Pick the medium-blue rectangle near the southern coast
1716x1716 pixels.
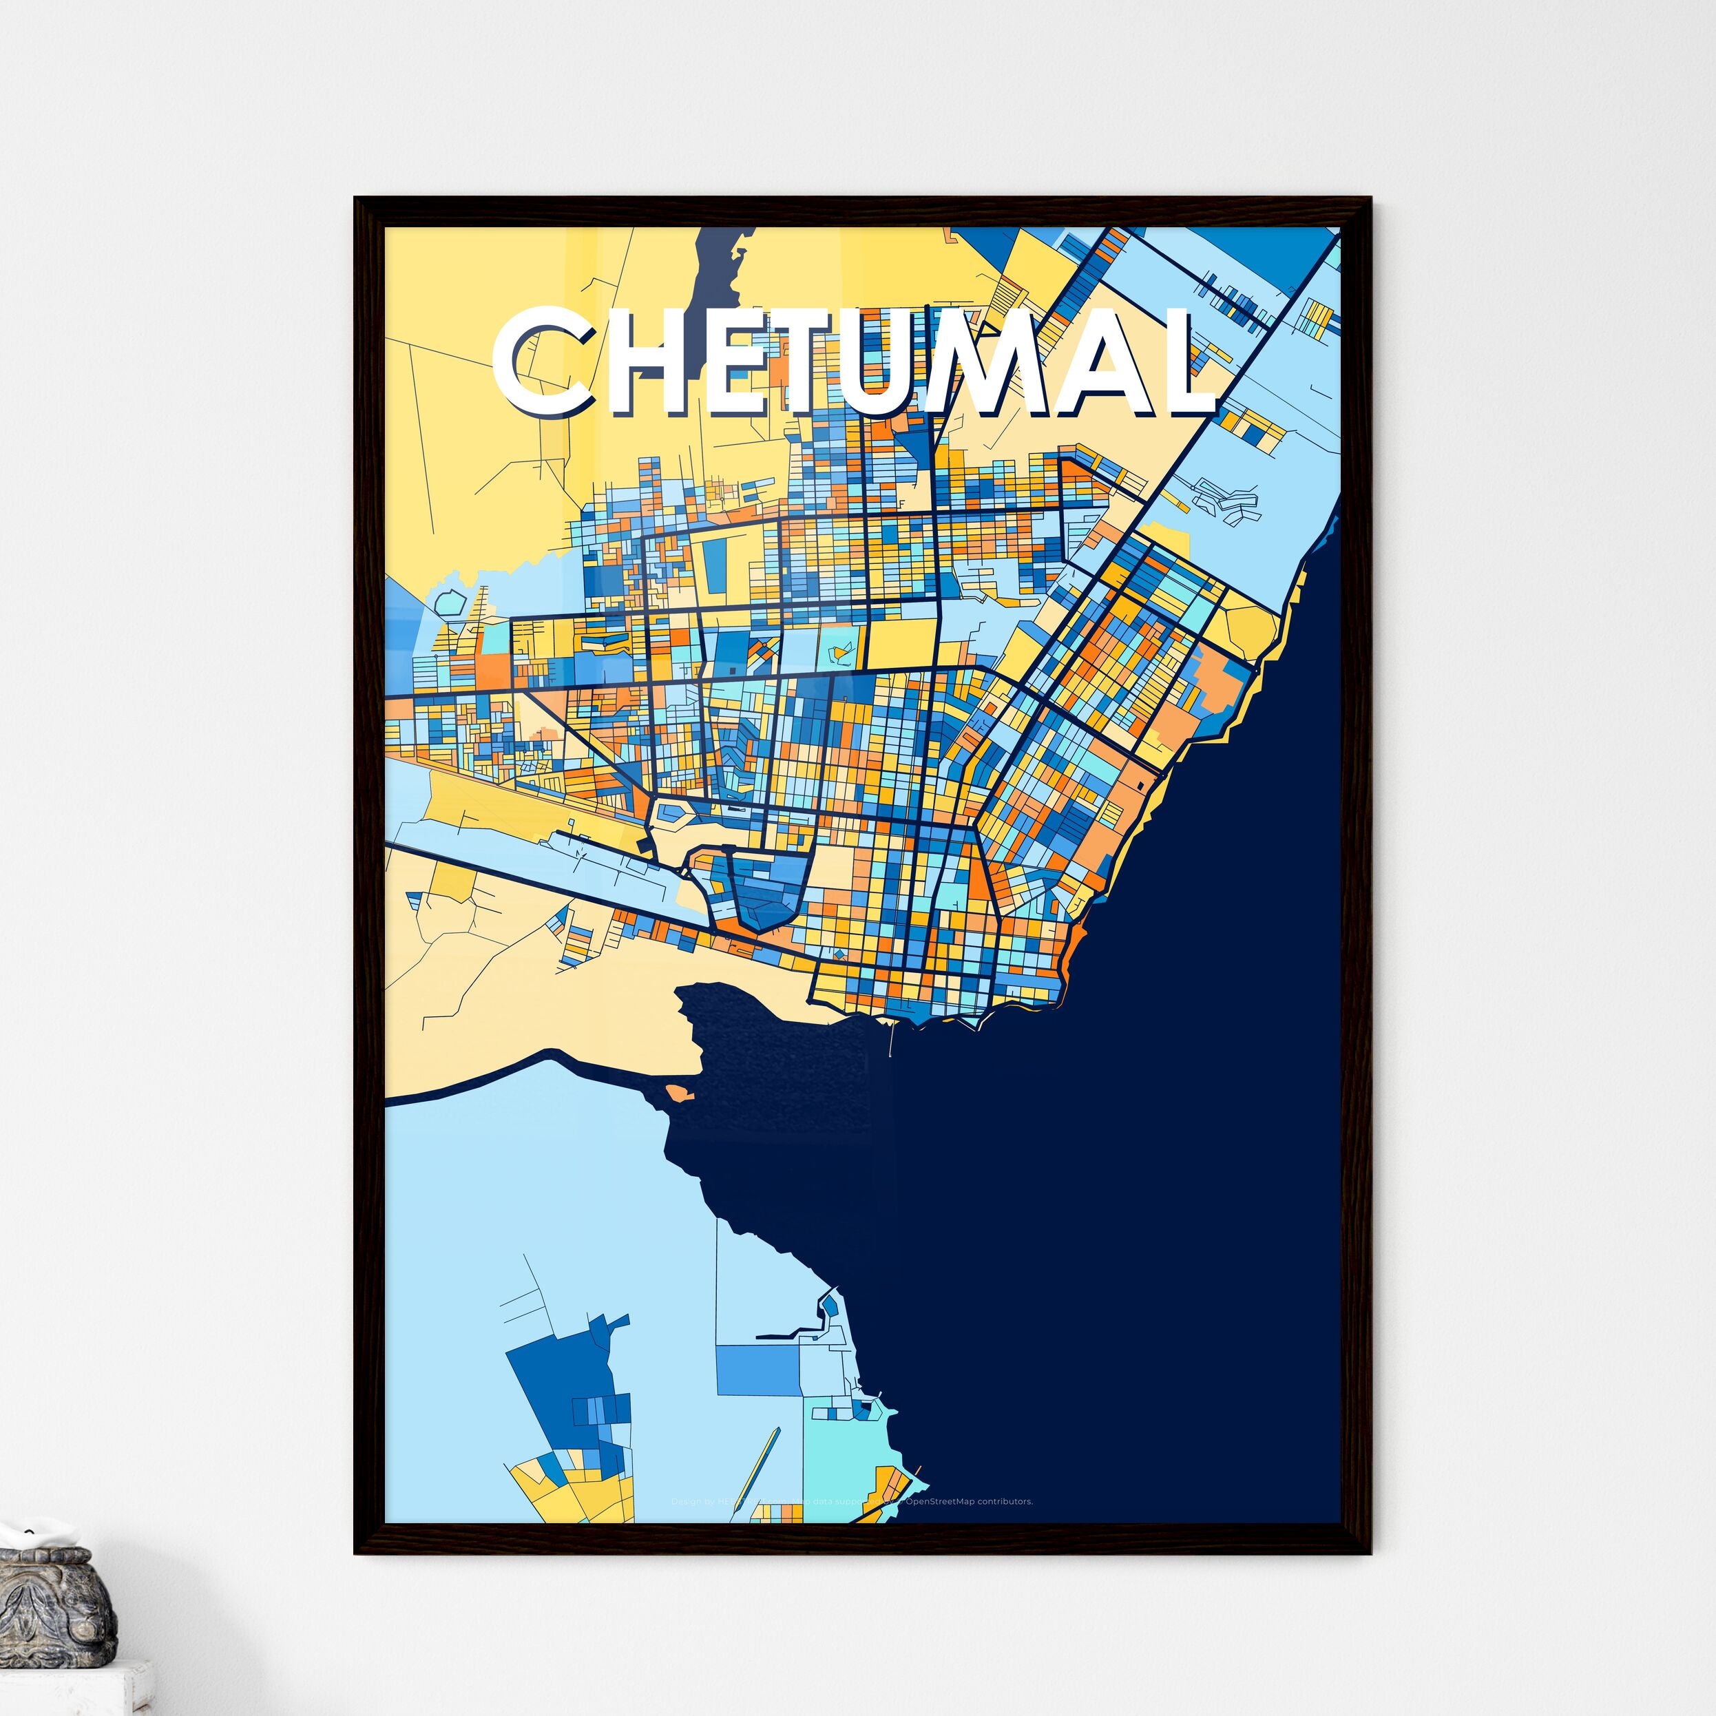point(757,1369)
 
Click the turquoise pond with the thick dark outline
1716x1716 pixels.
point(450,604)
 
